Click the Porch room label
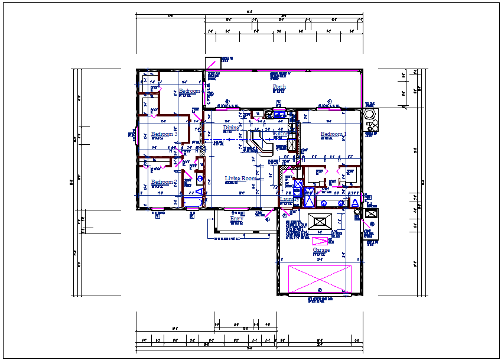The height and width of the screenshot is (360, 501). tap(279, 87)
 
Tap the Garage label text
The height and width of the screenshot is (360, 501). tap(321, 250)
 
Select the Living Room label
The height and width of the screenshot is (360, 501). tap(240, 179)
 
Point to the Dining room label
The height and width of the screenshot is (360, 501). tap(231, 128)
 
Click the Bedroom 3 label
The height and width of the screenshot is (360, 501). tap(164, 134)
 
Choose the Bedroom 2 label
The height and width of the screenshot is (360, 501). tap(164, 182)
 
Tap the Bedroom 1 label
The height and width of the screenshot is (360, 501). tap(333, 135)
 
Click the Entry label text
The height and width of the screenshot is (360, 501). tap(236, 219)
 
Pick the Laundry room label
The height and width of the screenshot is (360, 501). tap(288, 200)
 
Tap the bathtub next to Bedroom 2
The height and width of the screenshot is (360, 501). tap(193, 203)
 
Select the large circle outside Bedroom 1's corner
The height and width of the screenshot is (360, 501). tap(370, 114)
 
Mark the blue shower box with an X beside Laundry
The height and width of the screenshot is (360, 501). tap(308, 197)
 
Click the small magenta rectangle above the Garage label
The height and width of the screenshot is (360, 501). tap(320, 241)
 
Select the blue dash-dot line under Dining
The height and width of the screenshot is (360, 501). tap(225, 140)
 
